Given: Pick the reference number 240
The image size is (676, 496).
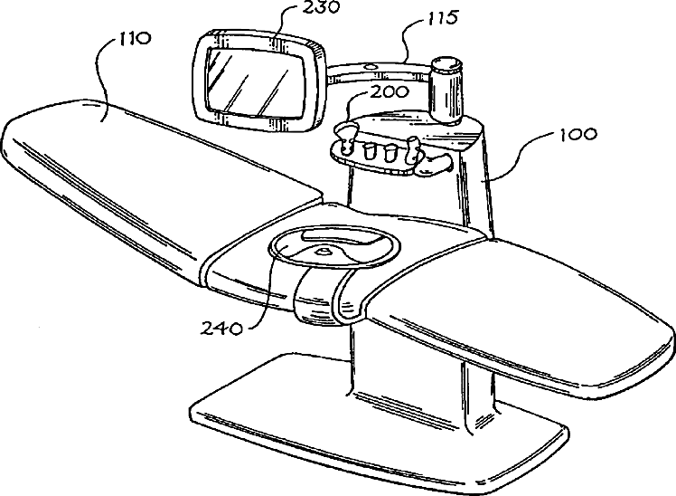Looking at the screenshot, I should (x=220, y=328).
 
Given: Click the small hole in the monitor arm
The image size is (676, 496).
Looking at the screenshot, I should (x=370, y=66).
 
